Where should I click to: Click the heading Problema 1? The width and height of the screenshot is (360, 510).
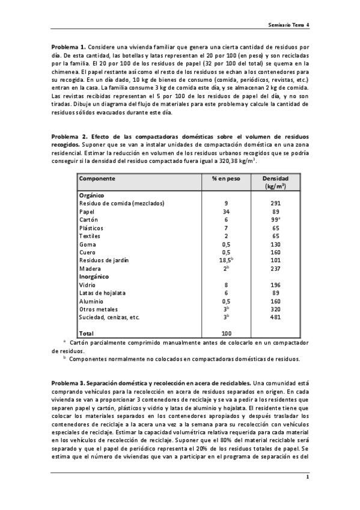69,46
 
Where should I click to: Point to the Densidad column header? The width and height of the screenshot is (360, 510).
275,179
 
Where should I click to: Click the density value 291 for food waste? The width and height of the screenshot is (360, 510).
275,203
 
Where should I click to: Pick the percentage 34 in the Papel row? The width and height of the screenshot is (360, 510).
226,212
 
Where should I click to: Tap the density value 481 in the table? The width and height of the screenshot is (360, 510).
275,317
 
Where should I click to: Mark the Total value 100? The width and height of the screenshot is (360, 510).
226,333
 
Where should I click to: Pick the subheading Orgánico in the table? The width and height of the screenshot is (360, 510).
92,195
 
